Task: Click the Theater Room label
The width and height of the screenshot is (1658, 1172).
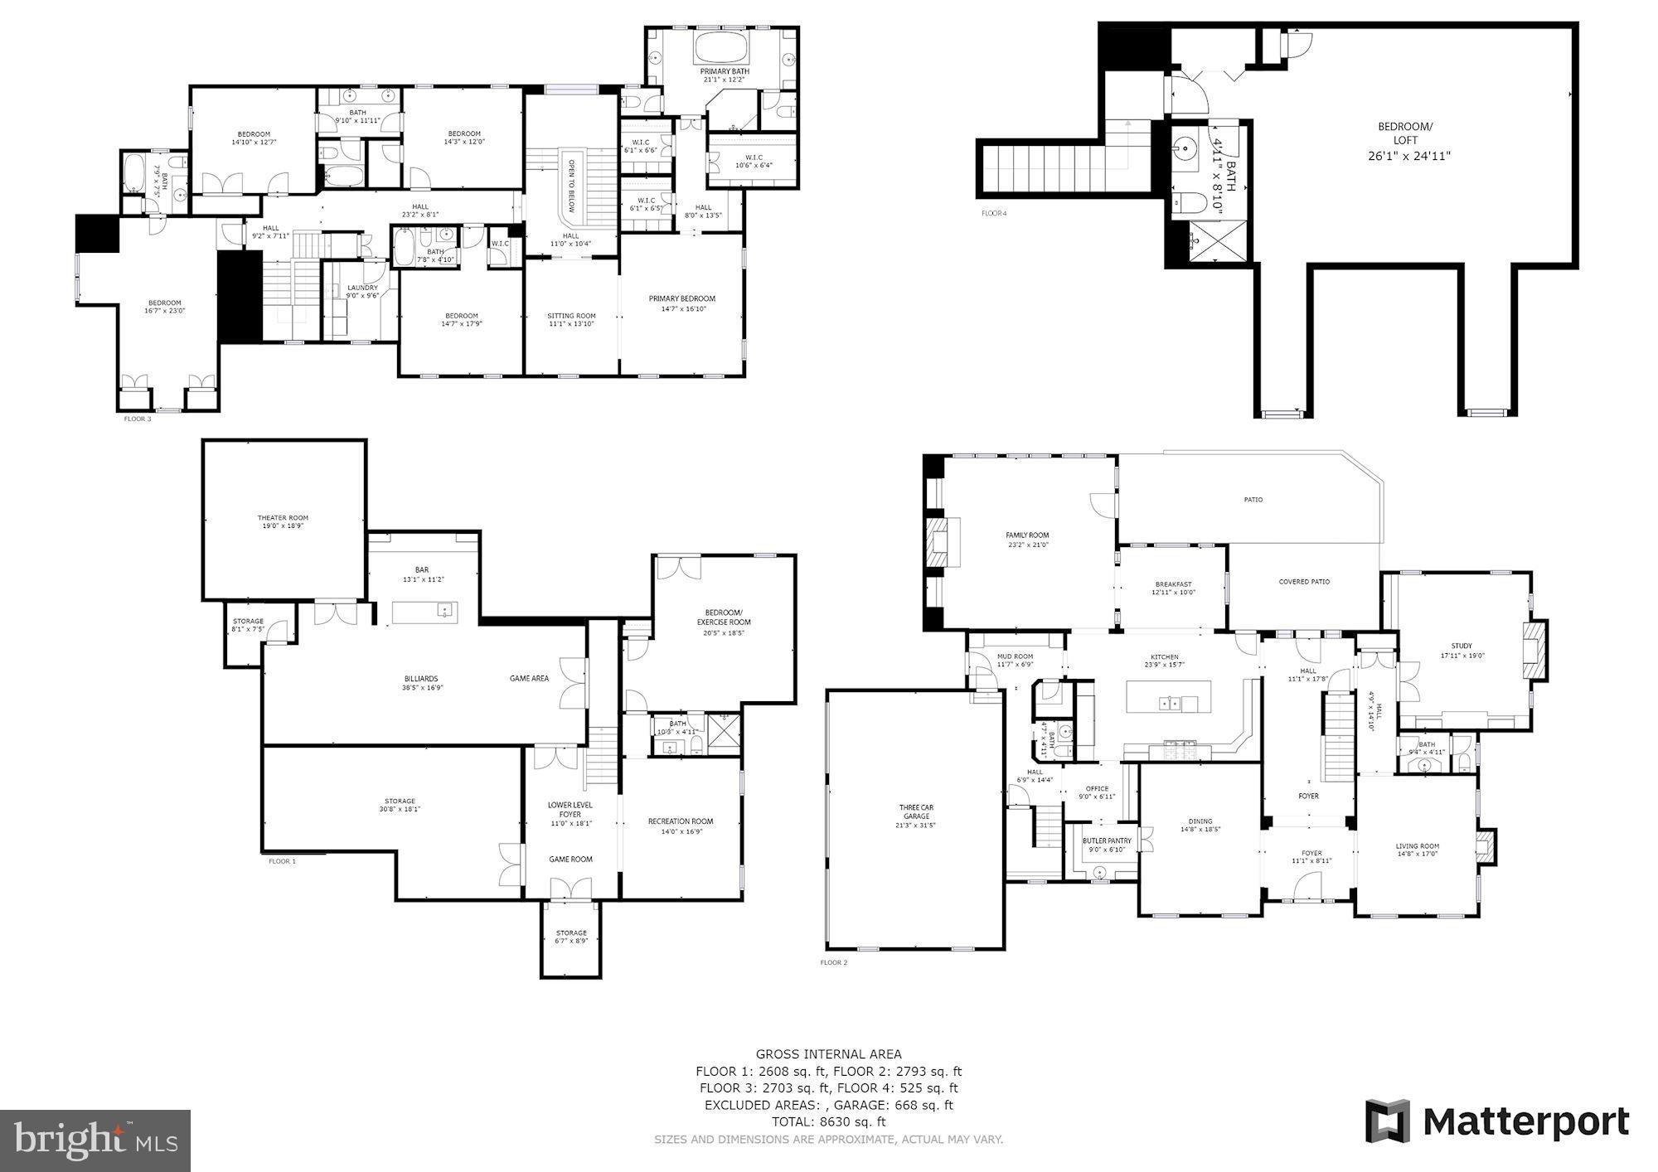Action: tap(282, 518)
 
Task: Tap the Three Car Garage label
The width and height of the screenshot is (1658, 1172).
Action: tap(916, 811)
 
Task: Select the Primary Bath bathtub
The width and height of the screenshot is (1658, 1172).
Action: tap(721, 47)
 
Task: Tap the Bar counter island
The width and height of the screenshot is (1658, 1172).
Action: tap(424, 612)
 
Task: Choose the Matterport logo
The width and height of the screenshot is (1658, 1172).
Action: tap(1497, 1121)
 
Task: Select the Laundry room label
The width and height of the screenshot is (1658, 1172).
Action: tap(362, 288)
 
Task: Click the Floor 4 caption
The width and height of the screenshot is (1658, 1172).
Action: tap(993, 213)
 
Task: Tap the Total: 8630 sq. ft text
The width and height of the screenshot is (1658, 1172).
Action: tap(828, 1121)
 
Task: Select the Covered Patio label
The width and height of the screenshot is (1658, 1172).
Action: tap(1303, 582)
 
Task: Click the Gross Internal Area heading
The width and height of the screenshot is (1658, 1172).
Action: tap(828, 1054)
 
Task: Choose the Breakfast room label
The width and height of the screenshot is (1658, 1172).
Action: tap(1172, 584)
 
